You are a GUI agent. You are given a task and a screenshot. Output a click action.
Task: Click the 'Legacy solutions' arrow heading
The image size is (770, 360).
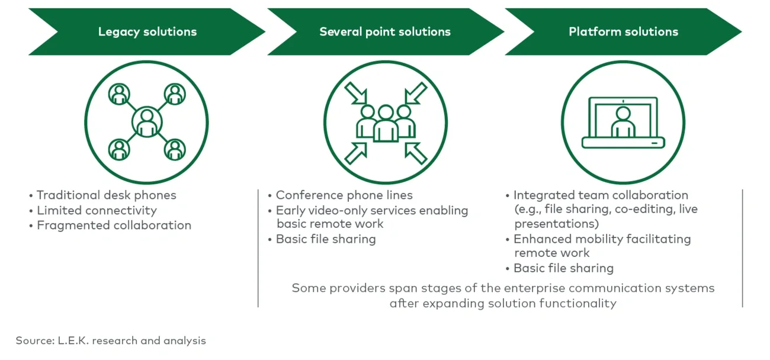pos(147,32)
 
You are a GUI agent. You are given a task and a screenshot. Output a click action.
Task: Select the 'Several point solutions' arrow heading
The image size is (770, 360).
pos(385,32)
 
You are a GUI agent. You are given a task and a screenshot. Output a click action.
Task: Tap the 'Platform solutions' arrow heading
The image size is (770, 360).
pos(623,32)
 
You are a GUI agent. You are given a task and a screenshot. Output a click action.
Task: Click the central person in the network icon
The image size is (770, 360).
pos(146,123)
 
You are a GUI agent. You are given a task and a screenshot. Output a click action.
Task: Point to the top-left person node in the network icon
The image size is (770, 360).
pos(119,94)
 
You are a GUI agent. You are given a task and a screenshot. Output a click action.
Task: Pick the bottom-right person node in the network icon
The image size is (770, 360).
pos(175,149)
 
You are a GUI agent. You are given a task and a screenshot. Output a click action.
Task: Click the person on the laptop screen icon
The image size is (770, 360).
pos(623,122)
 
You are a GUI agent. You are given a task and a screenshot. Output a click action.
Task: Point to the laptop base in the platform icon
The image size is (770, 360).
pos(623,143)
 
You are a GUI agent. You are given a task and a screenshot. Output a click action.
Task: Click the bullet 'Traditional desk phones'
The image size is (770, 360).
pos(106,195)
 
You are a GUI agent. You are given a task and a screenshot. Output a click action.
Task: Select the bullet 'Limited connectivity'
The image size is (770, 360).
pos(97,210)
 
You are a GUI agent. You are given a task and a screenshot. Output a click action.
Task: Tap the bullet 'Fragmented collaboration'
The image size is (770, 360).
pos(114,225)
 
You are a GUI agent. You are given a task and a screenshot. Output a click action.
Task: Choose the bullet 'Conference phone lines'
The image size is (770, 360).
pos(344,195)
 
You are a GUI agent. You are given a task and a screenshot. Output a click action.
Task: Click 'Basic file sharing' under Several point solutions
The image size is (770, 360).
pos(326,239)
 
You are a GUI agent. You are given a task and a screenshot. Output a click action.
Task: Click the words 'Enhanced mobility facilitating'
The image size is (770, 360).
pos(602,239)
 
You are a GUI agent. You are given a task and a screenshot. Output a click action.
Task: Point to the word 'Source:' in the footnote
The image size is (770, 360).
pos(34,340)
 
